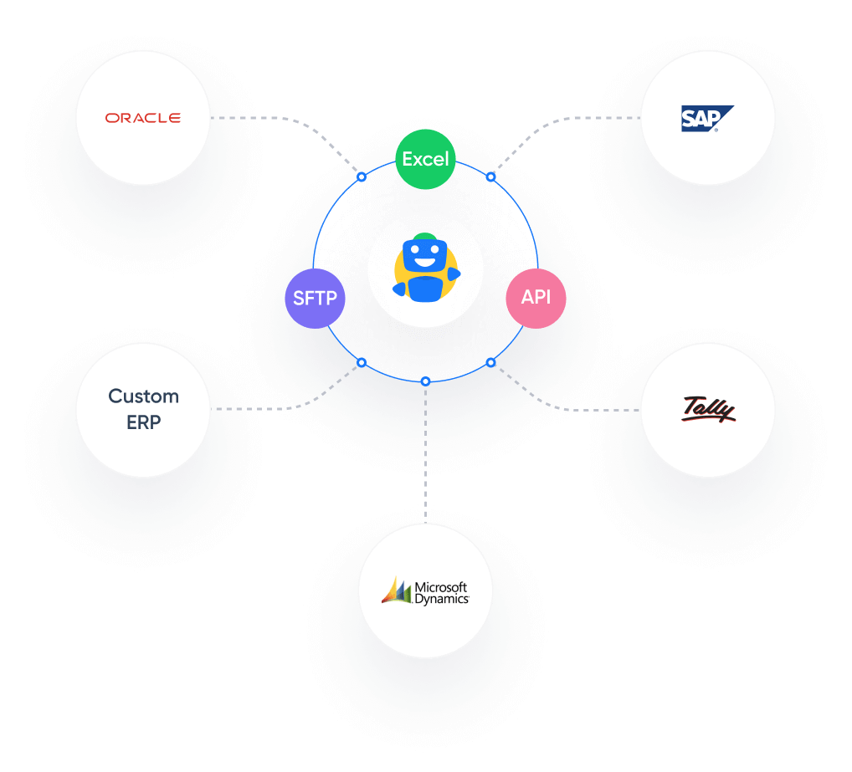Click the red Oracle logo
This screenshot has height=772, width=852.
(x=142, y=118)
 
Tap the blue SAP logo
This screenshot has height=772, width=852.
(x=706, y=119)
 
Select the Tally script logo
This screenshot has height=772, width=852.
(x=707, y=409)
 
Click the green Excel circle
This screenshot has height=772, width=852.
(x=425, y=159)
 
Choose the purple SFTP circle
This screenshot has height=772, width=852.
(x=315, y=299)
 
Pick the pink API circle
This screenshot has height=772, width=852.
(x=536, y=298)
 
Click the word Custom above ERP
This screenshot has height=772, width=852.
(x=143, y=396)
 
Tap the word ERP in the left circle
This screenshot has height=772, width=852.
(x=143, y=422)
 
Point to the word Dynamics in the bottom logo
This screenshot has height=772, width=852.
(x=442, y=599)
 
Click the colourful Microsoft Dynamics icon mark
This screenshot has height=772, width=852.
(x=397, y=591)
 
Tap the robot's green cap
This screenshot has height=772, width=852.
(x=425, y=237)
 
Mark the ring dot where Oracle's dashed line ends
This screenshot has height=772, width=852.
(x=362, y=177)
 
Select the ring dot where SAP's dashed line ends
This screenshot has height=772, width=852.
(x=490, y=177)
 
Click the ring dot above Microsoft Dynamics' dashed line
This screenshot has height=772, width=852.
(x=425, y=381)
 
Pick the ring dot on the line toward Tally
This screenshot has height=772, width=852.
(x=490, y=362)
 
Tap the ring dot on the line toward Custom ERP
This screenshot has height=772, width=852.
(x=362, y=362)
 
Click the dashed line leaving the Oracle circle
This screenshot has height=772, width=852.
(x=251, y=118)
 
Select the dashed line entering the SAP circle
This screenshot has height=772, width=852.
(x=603, y=118)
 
